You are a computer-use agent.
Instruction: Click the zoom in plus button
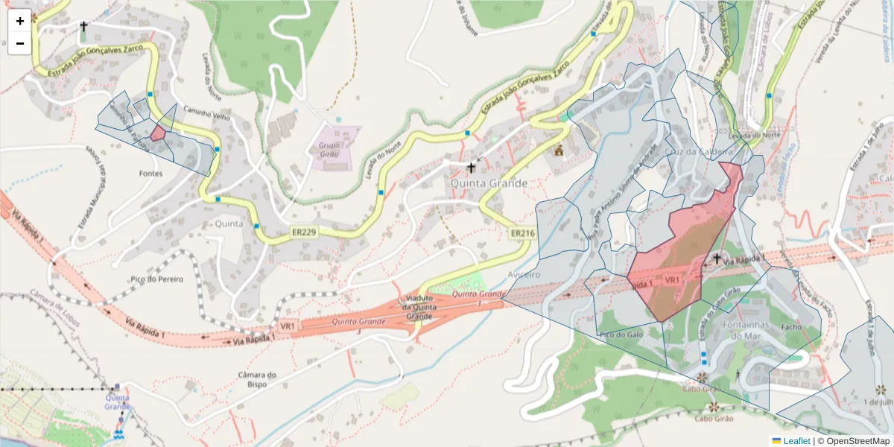point(20,21)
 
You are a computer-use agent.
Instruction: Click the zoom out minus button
point(20,43)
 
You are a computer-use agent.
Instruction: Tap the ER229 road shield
point(303,233)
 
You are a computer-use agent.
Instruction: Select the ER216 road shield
point(522,233)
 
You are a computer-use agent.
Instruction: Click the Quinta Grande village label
point(489,183)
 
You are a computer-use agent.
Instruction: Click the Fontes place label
point(150,173)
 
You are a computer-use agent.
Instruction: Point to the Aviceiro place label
point(523,274)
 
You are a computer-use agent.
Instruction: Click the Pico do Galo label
point(621,335)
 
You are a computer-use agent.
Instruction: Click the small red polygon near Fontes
point(158,133)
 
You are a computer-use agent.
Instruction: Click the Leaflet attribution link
point(796,441)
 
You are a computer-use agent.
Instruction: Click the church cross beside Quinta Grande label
point(471,168)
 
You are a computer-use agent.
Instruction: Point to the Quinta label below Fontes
point(229,223)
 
